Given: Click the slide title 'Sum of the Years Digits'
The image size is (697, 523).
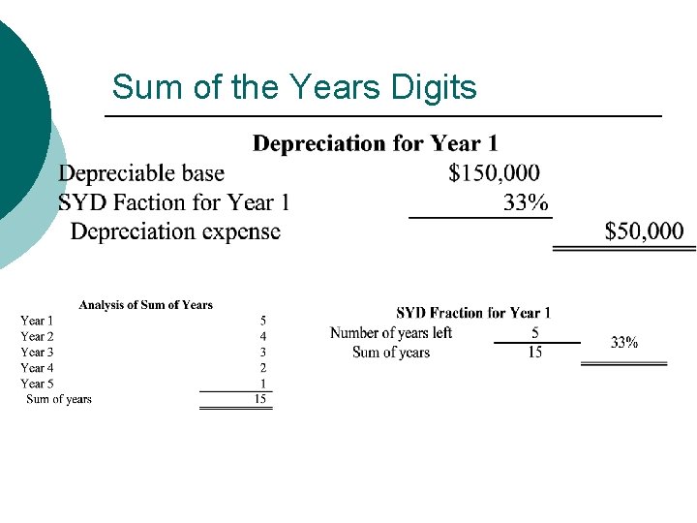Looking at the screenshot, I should tap(294, 87).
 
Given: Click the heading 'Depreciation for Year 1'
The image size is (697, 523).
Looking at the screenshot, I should tap(376, 144).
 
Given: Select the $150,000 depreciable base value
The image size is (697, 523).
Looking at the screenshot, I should tap(495, 173).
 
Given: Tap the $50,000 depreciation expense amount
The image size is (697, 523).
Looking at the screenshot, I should tap(644, 231).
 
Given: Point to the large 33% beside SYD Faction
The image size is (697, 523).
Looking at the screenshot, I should tap(526, 202).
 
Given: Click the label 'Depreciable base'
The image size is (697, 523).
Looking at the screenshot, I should tap(141, 173).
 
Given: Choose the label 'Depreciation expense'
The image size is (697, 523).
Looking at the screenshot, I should tap(175, 231).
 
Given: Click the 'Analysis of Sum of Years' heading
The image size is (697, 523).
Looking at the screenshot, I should tap(145, 305).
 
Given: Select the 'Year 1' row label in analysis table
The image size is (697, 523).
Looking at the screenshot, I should tap(38, 321).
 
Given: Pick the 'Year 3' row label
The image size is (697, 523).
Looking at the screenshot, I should tap(38, 352).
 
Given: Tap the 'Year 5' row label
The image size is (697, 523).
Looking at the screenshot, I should tap(38, 384).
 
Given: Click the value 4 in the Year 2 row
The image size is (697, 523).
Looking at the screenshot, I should tap(262, 336).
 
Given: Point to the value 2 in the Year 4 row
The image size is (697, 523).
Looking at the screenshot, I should tap(262, 368).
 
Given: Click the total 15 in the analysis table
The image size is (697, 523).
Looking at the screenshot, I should tap(259, 399).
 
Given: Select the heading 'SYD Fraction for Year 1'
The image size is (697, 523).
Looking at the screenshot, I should tap(473, 313).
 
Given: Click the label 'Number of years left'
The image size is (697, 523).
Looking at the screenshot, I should tap(391, 333).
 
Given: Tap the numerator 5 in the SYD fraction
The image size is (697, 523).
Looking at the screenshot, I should tap(535, 333).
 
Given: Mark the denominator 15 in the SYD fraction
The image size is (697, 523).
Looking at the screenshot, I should tap(535, 353).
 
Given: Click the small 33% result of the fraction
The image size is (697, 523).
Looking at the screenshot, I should tap(624, 342).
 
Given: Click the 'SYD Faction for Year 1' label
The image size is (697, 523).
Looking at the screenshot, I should tap(174, 202).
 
